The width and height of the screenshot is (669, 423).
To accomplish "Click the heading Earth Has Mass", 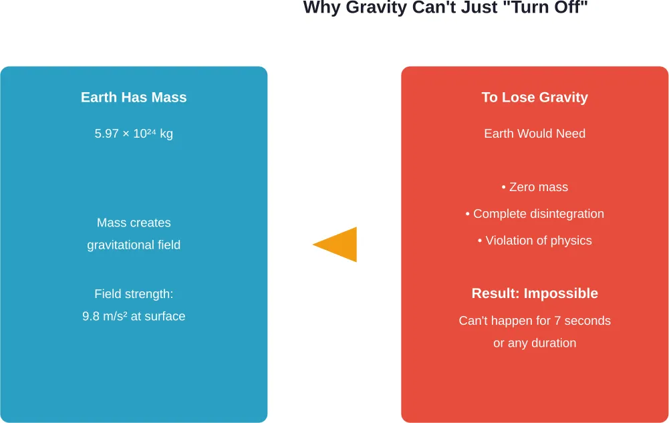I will click(x=134, y=98).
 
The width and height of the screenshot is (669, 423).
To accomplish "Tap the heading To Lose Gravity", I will click(x=535, y=98).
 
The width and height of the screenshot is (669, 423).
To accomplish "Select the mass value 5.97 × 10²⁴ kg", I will click(x=134, y=134).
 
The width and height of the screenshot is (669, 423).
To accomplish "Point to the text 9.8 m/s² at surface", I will click(x=134, y=316).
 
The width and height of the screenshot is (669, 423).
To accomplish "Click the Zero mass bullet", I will click(x=535, y=187).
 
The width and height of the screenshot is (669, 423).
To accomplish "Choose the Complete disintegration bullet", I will click(x=535, y=214).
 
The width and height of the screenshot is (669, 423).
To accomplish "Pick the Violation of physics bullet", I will click(x=535, y=241).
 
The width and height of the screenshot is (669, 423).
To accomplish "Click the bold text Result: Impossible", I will click(x=535, y=293).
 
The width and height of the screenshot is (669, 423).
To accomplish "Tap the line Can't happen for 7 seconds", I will click(x=535, y=321).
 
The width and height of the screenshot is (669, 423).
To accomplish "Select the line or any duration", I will click(x=535, y=343).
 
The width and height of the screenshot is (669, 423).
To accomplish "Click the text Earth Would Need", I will click(x=535, y=134).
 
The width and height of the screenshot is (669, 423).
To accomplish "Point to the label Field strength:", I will click(x=134, y=294).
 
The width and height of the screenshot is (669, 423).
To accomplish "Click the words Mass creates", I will click(x=134, y=223).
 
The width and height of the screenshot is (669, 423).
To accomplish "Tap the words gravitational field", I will click(x=134, y=245).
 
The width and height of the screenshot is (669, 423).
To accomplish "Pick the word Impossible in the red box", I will click(x=561, y=293).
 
